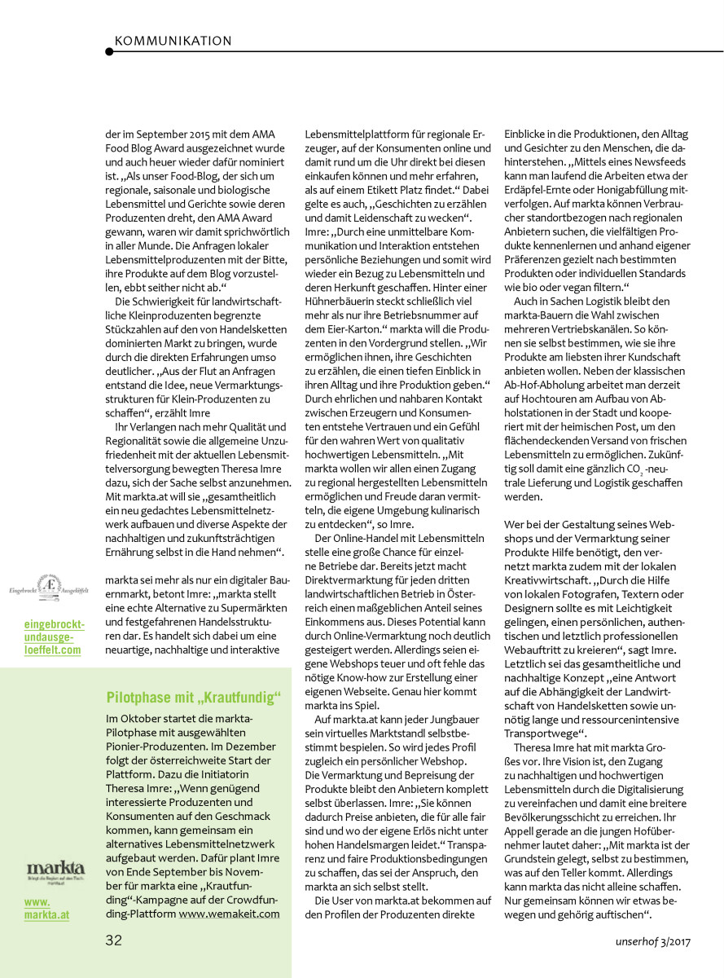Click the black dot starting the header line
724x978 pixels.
click(x=109, y=52)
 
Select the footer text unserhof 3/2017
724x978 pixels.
click(x=652, y=941)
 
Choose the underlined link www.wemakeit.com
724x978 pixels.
click(x=229, y=914)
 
